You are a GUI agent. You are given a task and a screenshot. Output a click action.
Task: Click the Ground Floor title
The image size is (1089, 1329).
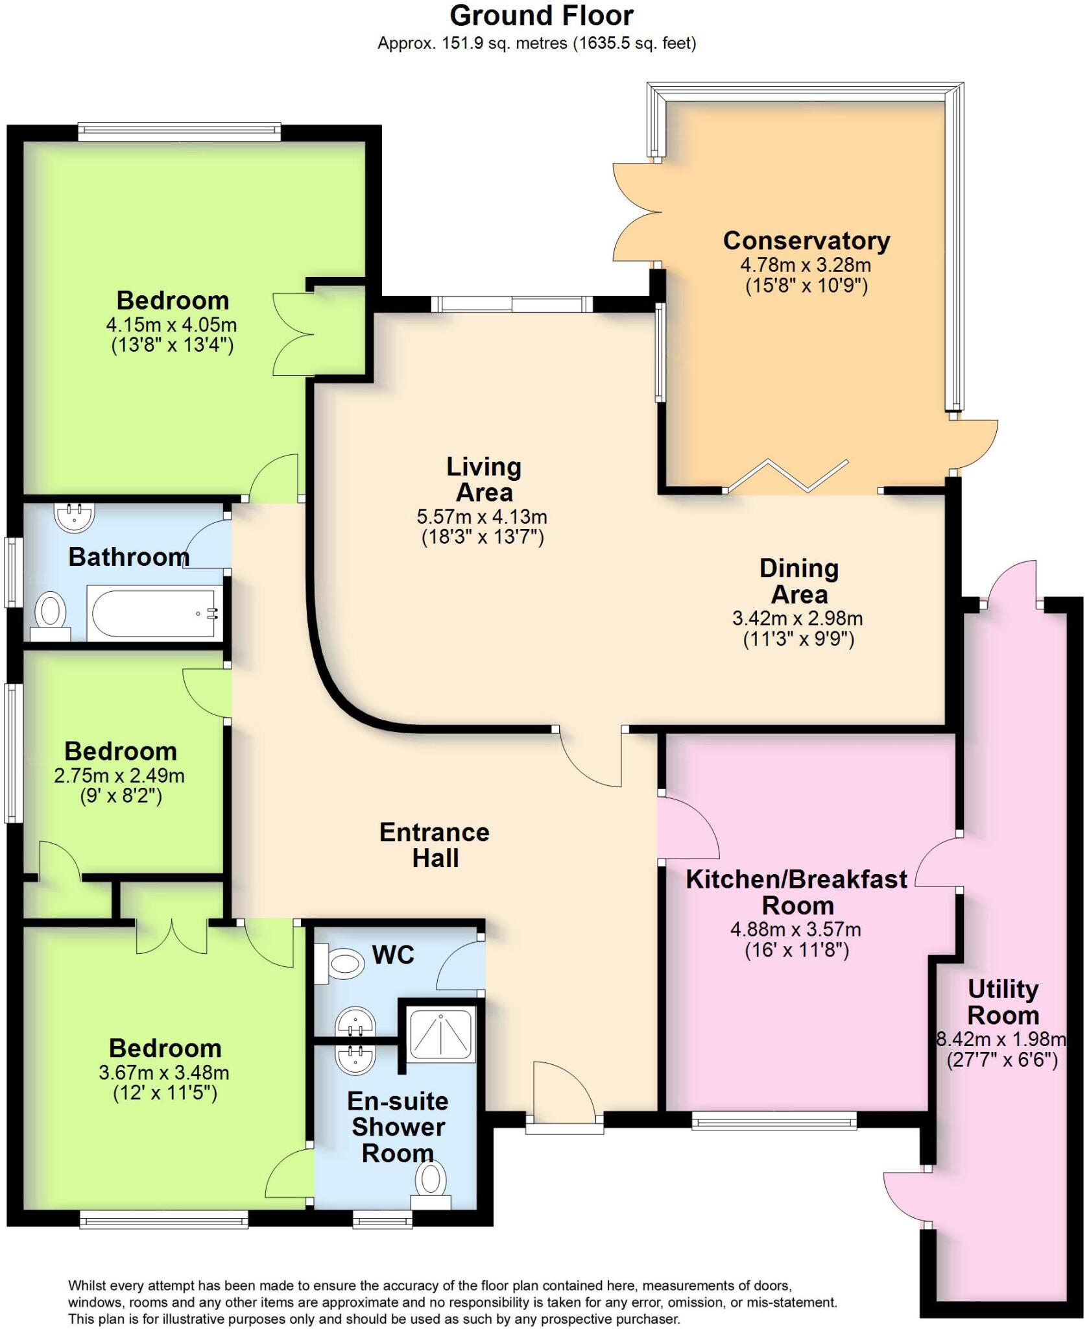(x=542, y=16)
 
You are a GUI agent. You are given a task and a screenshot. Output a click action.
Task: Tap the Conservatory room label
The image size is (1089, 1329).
(x=806, y=241)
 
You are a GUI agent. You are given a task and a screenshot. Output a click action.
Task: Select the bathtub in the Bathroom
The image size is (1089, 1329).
(x=155, y=613)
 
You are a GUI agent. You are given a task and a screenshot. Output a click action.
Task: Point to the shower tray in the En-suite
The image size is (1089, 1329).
(x=441, y=1034)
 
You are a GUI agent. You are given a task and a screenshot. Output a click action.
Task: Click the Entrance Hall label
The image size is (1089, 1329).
(x=435, y=845)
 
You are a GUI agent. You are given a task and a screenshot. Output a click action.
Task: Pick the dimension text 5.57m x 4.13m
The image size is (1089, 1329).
(x=482, y=517)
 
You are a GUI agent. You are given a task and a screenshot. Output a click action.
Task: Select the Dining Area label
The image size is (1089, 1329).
(x=799, y=581)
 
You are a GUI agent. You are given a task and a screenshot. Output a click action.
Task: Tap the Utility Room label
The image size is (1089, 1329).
(x=1003, y=1003)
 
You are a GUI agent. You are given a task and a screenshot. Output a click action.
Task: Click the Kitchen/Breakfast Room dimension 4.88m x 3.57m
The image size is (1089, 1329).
(x=796, y=930)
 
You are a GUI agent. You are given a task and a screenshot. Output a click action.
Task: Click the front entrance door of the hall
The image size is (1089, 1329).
(x=564, y=1093)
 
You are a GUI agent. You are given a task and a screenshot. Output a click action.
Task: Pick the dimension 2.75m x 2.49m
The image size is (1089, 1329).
(x=119, y=775)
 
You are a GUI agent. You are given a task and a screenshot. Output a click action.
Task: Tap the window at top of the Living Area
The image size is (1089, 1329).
(x=512, y=304)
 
